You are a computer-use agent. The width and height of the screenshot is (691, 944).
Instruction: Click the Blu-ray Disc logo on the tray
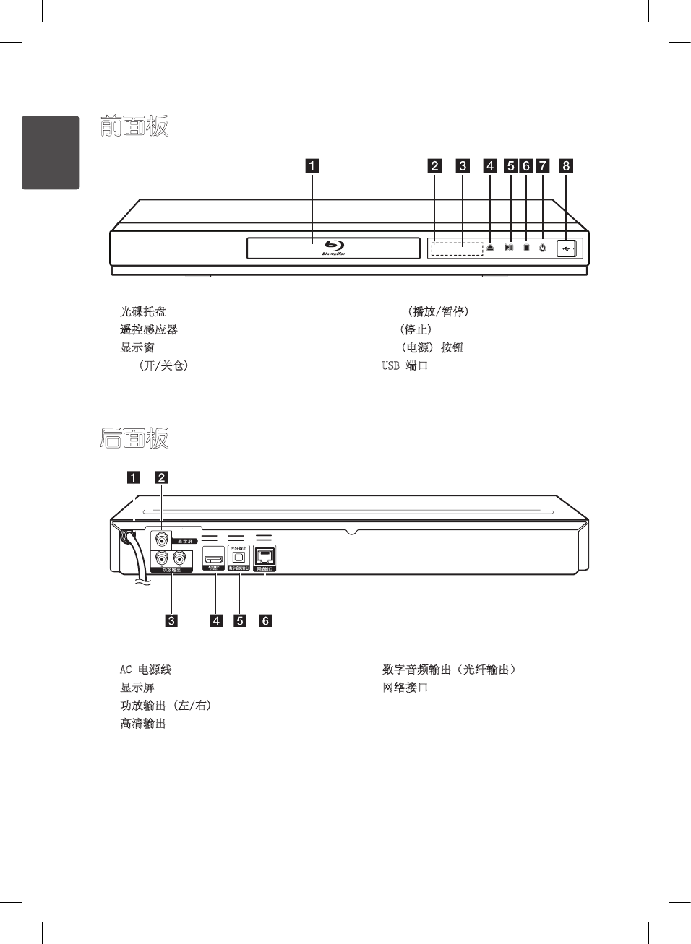(x=333, y=247)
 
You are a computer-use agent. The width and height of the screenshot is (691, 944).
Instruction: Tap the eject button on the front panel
(x=490, y=248)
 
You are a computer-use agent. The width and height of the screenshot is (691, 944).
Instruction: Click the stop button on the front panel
(x=526, y=248)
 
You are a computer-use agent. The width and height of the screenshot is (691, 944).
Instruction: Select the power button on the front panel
(x=542, y=248)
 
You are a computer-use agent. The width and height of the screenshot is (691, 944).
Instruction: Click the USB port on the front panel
(x=566, y=248)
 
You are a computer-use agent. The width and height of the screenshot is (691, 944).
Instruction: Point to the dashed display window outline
(x=457, y=248)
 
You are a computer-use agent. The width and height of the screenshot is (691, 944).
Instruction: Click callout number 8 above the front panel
(x=566, y=165)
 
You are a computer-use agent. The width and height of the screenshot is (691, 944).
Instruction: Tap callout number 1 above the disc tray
(x=312, y=165)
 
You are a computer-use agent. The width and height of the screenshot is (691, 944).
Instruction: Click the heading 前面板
(x=134, y=126)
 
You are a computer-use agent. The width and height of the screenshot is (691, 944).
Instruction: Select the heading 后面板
(x=134, y=438)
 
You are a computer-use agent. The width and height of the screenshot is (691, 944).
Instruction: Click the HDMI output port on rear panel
(x=213, y=558)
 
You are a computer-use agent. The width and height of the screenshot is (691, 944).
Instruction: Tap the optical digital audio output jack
(x=239, y=557)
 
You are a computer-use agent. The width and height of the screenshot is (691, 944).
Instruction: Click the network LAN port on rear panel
(x=265, y=556)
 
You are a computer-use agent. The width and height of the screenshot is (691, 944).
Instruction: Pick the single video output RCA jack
(x=161, y=539)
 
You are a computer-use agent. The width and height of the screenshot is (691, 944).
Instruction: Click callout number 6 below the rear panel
(x=265, y=620)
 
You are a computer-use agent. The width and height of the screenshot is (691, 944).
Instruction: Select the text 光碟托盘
(x=143, y=311)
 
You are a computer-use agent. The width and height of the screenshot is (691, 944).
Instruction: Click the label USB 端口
(x=405, y=365)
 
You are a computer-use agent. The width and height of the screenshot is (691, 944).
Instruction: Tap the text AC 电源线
(x=146, y=670)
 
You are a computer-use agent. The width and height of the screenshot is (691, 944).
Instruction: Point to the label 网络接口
(x=405, y=688)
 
